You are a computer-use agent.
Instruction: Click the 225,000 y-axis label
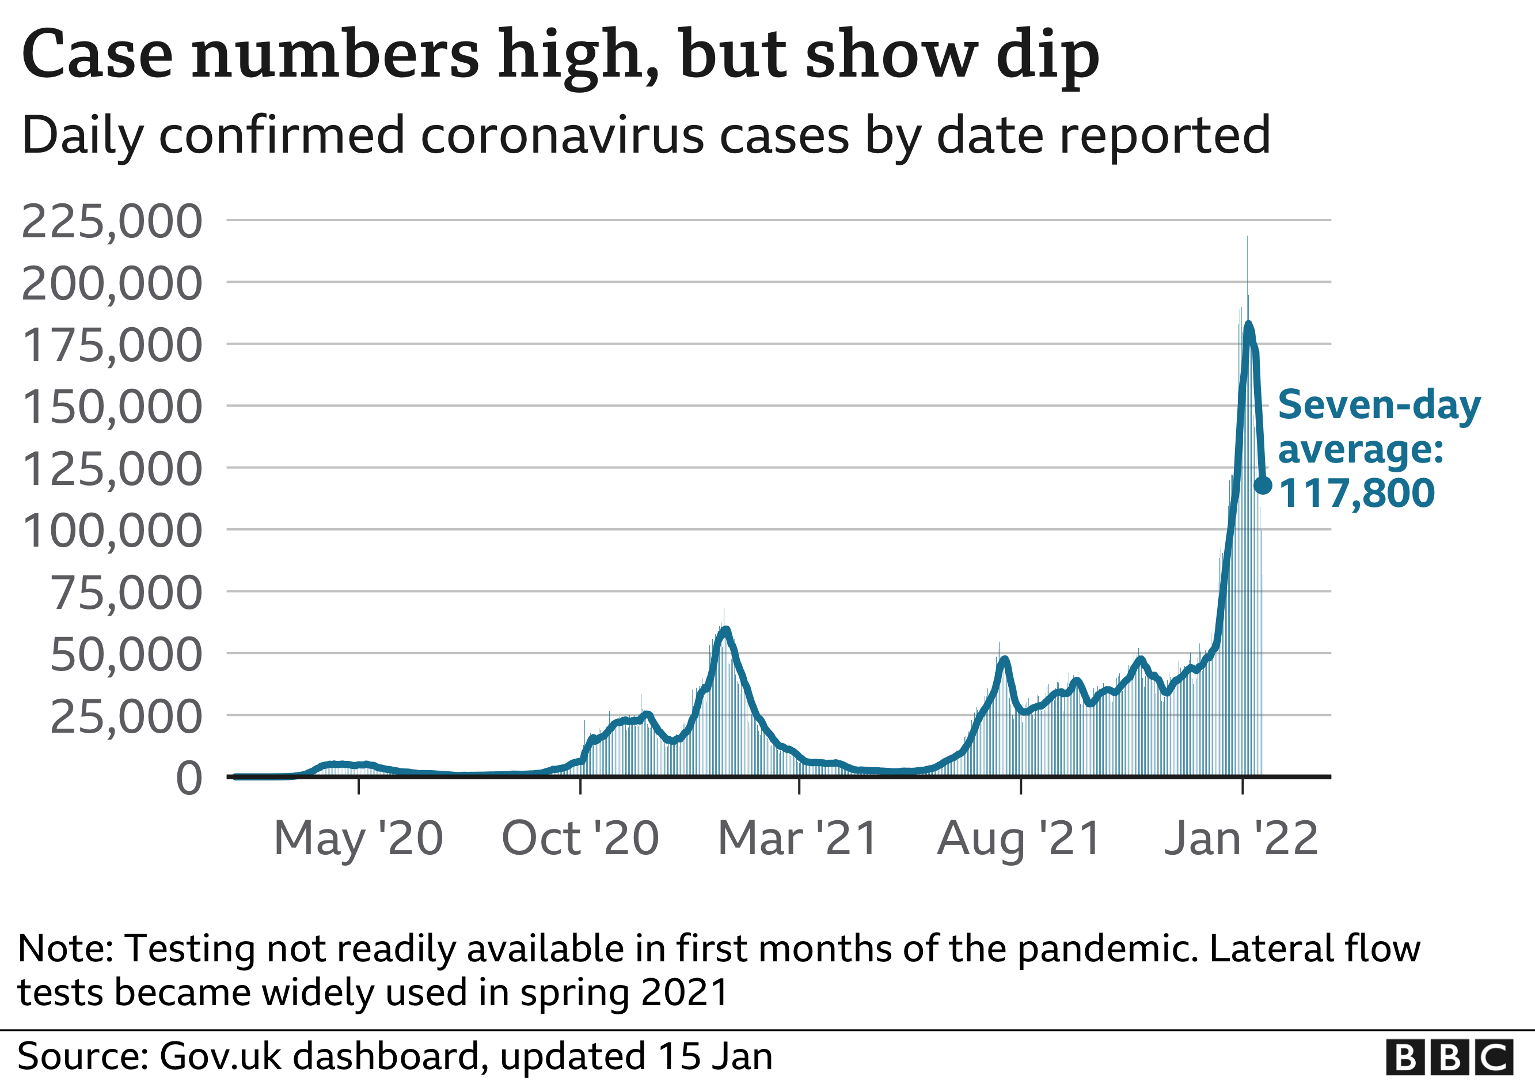pos(112,222)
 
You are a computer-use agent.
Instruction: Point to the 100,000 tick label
pos(112,532)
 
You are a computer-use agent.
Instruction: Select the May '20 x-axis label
pos(358,839)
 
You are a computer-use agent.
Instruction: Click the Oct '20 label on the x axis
pos(580,839)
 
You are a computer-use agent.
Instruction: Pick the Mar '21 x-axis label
pos(797,839)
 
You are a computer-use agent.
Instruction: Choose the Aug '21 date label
pos(1019,839)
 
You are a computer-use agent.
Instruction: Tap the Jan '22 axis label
pos(1241,839)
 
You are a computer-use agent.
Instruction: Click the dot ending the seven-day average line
pos(1263,486)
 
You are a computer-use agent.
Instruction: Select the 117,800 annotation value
pos(1356,494)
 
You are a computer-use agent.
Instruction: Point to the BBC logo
pos(1449,1058)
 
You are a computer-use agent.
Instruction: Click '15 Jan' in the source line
pos(715,1056)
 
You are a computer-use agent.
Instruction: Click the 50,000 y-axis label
pos(126,655)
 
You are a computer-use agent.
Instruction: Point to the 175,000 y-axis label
pos(112,346)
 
